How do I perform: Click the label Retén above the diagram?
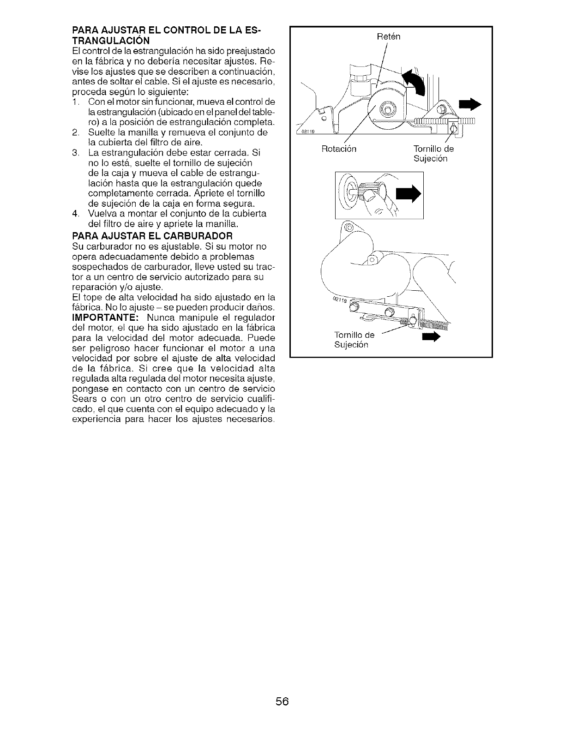(389, 36)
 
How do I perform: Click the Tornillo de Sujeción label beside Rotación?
(433, 154)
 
